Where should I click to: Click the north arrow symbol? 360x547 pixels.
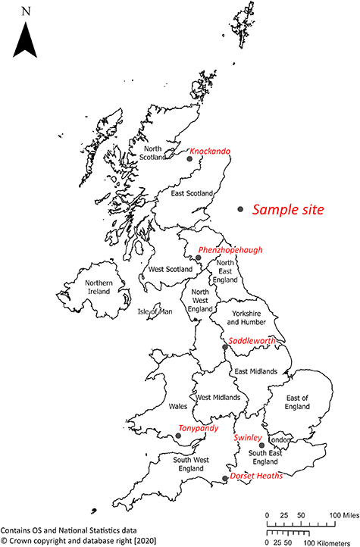click(27, 40)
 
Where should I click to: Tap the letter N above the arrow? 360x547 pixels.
click(27, 11)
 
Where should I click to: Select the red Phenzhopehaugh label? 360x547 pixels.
click(230, 249)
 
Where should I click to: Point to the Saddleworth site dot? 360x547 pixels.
click(224, 348)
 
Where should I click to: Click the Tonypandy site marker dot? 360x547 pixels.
click(177, 436)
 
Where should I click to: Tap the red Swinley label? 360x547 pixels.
click(248, 438)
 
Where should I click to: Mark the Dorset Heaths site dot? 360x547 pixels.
click(225, 479)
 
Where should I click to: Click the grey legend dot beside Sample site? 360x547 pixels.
click(240, 209)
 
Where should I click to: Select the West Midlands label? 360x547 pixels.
click(218, 397)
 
